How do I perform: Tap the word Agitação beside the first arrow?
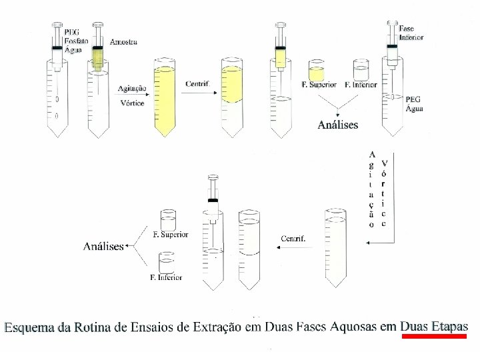pyautogui.click(x=132, y=89)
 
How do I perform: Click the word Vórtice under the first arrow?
pyautogui.click(x=131, y=103)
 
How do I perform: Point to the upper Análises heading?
pyautogui.click(x=338, y=124)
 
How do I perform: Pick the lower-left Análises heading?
pyautogui.click(x=103, y=247)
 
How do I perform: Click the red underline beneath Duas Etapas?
pyautogui.click(x=433, y=337)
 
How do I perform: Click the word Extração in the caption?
pyautogui.click(x=215, y=327)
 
